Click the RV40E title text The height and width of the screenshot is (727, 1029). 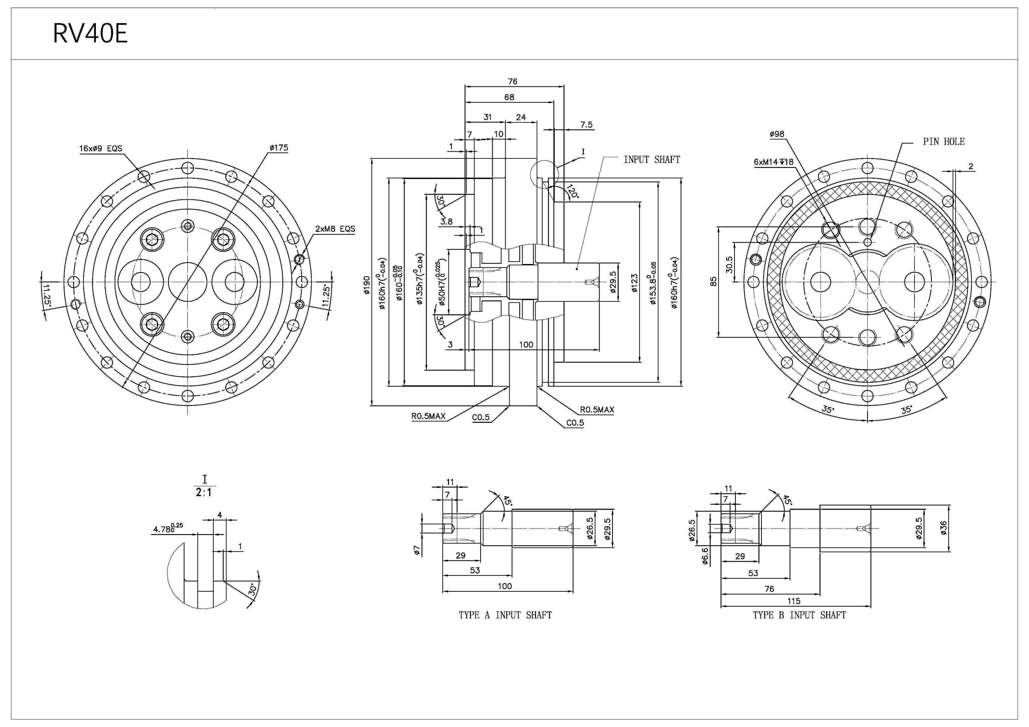(90, 34)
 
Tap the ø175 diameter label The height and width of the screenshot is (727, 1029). (279, 148)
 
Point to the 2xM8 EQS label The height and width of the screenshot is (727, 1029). (335, 229)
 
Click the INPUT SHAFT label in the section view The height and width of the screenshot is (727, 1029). (652, 159)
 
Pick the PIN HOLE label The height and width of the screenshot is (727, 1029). (943, 142)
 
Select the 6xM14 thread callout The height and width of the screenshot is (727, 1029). (774, 162)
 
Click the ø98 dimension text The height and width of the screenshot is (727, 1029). (777, 134)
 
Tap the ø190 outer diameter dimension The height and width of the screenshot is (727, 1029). (367, 285)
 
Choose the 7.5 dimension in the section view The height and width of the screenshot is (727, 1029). (586, 125)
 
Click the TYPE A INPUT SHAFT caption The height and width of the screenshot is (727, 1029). (505, 615)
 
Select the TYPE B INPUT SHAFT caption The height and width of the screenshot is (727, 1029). (799, 615)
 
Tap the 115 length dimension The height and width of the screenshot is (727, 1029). (793, 601)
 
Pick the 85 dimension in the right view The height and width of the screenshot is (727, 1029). (714, 281)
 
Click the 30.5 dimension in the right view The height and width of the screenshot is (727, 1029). (729, 264)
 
